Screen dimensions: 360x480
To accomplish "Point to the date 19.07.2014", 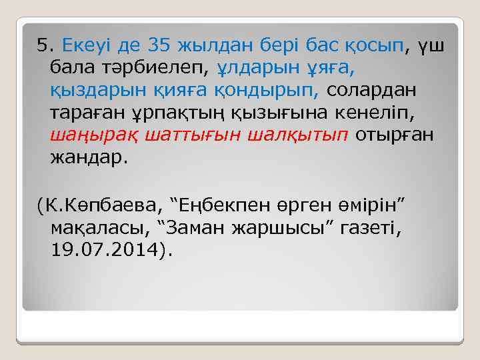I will coord(106,250).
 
